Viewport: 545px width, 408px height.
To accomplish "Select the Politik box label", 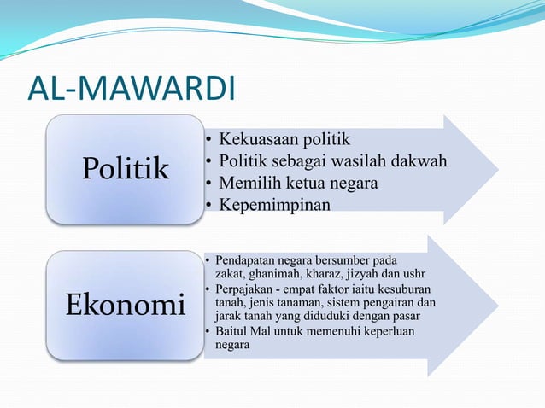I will tap(126, 169).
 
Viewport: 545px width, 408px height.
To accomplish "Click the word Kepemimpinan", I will tap(274, 206).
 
